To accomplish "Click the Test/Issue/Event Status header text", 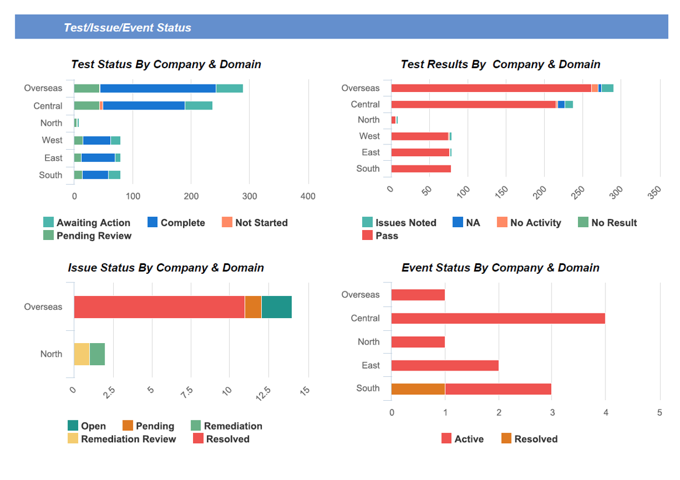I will [x=127, y=27].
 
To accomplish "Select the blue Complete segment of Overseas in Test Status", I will [x=157, y=89].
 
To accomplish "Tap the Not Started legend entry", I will [x=255, y=223].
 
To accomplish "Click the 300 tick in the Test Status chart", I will [x=250, y=196].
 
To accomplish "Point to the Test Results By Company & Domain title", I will [x=500, y=64].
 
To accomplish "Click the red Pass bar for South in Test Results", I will [x=420, y=169].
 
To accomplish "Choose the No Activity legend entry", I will [x=529, y=223].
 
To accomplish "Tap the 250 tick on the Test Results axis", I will [x=579, y=192].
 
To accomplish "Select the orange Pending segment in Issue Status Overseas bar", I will [x=253, y=307].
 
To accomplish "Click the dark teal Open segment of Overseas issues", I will [x=276, y=307].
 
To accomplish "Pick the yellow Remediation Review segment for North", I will [x=82, y=354].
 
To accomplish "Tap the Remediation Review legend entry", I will [x=122, y=439].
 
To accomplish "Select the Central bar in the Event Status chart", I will [x=497, y=319].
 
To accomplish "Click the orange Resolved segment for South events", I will [x=418, y=389].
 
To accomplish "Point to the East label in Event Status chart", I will [x=370, y=365].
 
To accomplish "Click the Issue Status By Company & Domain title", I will [x=166, y=267].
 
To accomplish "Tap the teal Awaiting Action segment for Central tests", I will [x=198, y=105].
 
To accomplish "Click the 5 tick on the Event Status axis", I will [x=660, y=412].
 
